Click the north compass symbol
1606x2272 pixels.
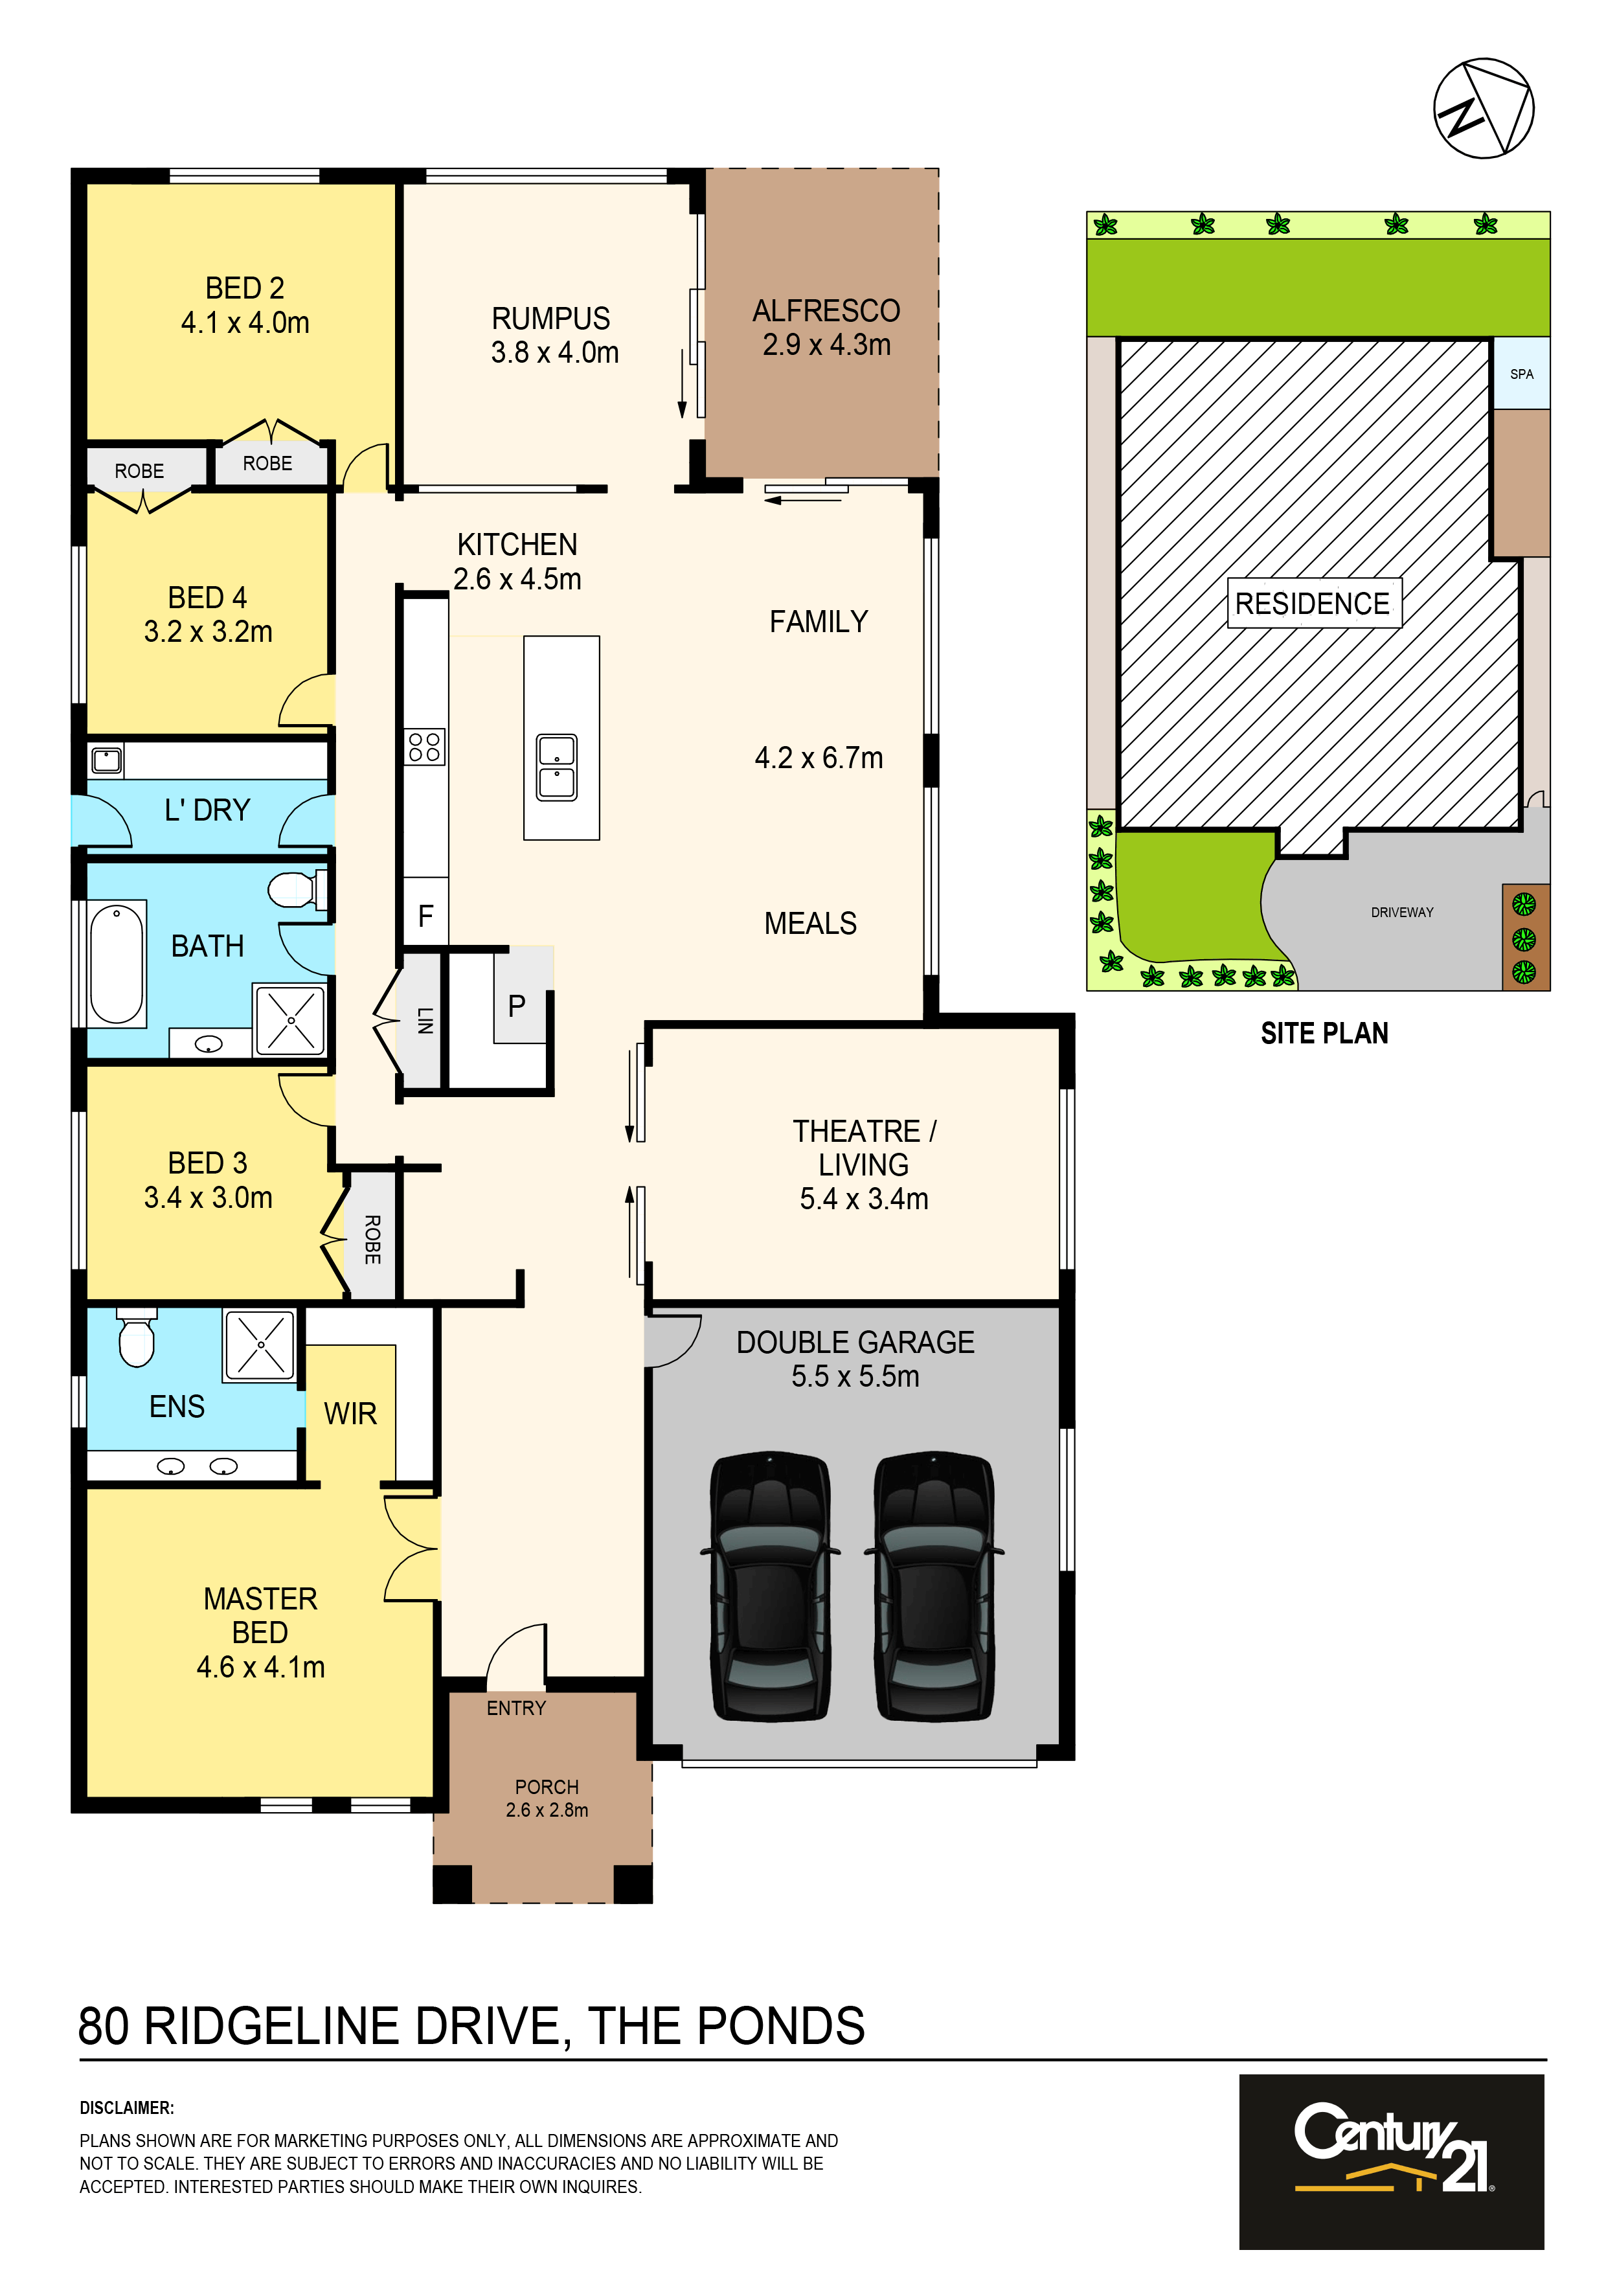click(1484, 108)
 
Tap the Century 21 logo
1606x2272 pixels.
click(1391, 2162)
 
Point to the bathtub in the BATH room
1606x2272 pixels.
click(117, 963)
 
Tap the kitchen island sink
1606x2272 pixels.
click(556, 767)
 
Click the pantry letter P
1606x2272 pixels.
click(517, 1006)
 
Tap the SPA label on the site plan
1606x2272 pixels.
click(1521, 374)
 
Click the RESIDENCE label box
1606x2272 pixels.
click(1313, 602)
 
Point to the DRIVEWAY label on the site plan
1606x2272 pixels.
click(1401, 913)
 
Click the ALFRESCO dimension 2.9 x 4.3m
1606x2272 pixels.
click(826, 345)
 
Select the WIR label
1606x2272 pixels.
click(350, 1413)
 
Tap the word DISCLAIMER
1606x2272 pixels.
click(127, 2107)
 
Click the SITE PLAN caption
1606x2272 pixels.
click(1324, 1033)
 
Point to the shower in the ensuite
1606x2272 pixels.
click(259, 1344)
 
